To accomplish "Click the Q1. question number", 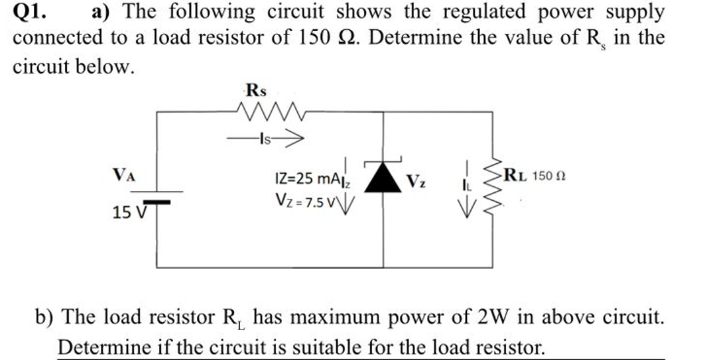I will coord(31,11).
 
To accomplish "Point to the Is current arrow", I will coord(265,139).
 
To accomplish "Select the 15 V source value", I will coord(125,213).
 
